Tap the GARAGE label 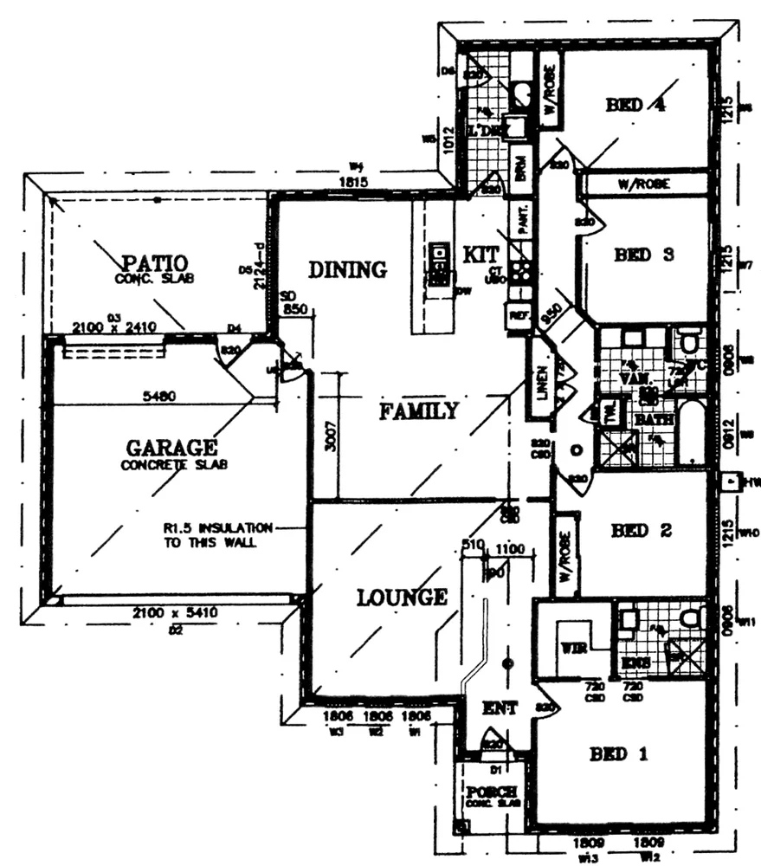(x=171, y=448)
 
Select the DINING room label (x=347, y=269)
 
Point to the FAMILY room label (x=418, y=411)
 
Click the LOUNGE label (x=402, y=597)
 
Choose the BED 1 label (x=618, y=754)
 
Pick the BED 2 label (x=642, y=531)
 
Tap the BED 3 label (x=644, y=255)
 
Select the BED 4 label (x=635, y=105)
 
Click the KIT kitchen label (x=481, y=255)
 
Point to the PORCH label (x=491, y=792)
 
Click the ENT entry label (x=500, y=708)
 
